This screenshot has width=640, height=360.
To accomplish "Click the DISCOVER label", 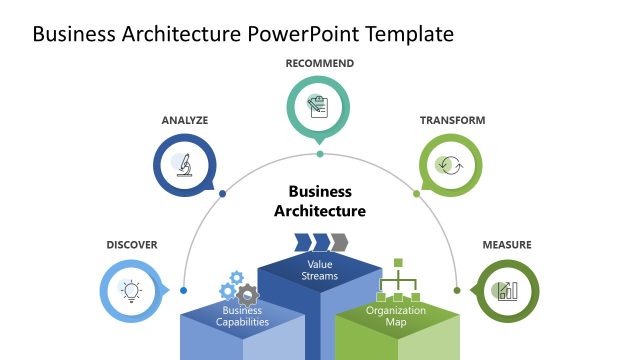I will (132, 245).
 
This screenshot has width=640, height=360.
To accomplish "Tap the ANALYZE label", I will (185, 120).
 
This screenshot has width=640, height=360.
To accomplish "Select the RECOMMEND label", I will (320, 64).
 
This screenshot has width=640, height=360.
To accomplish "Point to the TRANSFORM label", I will (452, 120).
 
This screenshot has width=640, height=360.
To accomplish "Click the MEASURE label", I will (507, 245).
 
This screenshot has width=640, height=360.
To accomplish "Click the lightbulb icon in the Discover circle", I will (131, 290).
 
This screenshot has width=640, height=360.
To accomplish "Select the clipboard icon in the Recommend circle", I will (320, 107).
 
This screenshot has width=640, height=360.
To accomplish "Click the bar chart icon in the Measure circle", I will (507, 290).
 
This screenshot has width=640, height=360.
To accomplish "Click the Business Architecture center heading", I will (320, 201).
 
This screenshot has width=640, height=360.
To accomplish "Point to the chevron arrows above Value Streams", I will (320, 242).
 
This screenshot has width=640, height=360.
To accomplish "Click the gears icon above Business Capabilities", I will (239, 289).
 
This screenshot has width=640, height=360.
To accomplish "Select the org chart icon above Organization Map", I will (396, 281).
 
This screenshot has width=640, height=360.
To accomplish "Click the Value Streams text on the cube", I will (320, 269).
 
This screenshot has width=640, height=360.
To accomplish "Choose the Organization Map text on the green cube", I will (396, 316).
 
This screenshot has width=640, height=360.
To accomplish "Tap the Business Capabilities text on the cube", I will (243, 316).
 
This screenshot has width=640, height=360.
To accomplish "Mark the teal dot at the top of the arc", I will (320, 154).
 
